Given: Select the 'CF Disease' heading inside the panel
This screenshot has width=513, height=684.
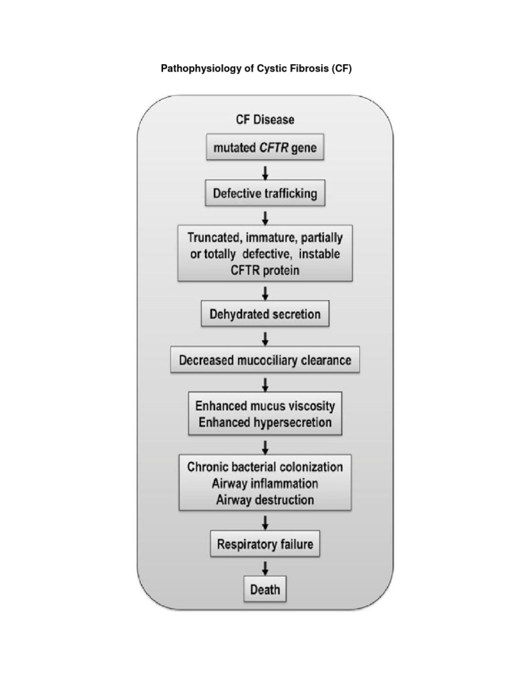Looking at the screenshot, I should pos(265,120).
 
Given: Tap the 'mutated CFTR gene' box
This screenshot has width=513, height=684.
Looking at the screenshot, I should pos(265,148).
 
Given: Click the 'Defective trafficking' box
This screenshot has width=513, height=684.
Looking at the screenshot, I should pos(265,194).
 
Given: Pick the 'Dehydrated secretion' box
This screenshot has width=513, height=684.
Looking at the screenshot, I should pos(265,313).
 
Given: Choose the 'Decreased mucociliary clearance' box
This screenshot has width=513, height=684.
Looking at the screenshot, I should pos(265,361).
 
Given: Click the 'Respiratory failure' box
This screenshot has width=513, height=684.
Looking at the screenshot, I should pos(265,544).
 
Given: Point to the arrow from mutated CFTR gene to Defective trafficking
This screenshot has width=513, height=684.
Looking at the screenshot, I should pos(265,172).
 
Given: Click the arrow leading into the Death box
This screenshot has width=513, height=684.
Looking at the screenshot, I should pos(265,567).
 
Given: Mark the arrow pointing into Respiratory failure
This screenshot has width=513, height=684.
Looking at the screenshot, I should pos(265,520).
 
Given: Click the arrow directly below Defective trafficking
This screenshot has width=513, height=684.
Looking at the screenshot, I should pos(265,217).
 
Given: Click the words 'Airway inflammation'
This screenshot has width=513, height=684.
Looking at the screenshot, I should pos(265,483).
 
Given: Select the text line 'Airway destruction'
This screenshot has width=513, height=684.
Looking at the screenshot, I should pos(265,499).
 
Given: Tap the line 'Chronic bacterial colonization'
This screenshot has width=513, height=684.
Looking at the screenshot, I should pos(265,467).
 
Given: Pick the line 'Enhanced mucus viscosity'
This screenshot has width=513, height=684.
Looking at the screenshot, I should pos(265,406).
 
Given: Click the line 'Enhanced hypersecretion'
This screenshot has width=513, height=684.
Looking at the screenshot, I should pos(265,422).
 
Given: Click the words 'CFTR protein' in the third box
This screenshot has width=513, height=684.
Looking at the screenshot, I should pos(265,270).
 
